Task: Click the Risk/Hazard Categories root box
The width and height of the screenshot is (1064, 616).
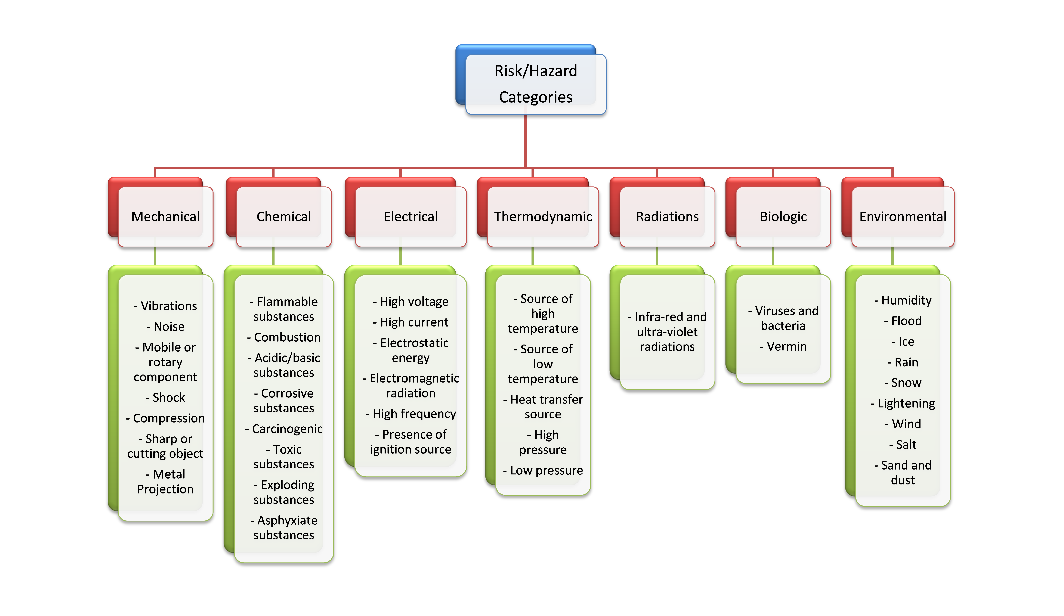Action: tap(535, 84)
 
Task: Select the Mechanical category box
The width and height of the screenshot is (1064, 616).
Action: tap(165, 216)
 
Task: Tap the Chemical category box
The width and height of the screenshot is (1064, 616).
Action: tap(284, 216)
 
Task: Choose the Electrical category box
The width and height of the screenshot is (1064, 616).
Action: tap(410, 216)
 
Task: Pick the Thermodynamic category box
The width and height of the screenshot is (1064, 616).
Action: tap(543, 216)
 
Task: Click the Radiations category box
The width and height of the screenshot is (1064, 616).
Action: tap(667, 216)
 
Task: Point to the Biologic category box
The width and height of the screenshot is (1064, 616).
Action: tap(783, 216)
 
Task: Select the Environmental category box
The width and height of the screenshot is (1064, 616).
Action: tap(903, 216)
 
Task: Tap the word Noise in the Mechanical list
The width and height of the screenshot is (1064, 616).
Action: tap(169, 327)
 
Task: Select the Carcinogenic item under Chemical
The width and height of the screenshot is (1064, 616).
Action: tap(287, 429)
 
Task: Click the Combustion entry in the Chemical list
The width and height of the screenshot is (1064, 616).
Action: tap(287, 337)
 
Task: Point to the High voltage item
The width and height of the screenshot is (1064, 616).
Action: tap(414, 302)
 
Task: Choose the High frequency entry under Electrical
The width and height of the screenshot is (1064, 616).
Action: tap(414, 414)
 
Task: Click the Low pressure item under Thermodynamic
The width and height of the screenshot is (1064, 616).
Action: tap(546, 471)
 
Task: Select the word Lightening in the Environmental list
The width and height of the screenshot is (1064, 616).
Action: tap(906, 403)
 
